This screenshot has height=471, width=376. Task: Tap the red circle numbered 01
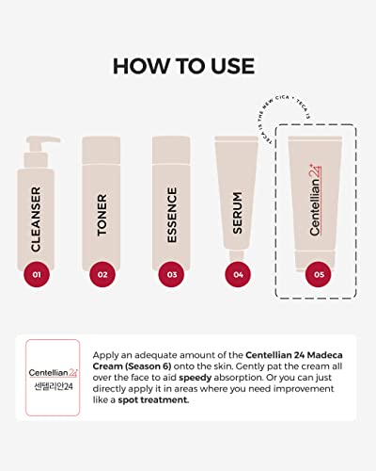click(37, 275)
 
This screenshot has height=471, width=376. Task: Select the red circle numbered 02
click(102, 275)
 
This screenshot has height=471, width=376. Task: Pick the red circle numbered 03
click(171, 275)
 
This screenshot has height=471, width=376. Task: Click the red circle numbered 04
click(239, 275)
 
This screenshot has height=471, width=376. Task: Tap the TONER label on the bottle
click(102, 213)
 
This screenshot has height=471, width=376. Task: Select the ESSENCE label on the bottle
click(171, 213)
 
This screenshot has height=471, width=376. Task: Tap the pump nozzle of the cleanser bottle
click(34, 141)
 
